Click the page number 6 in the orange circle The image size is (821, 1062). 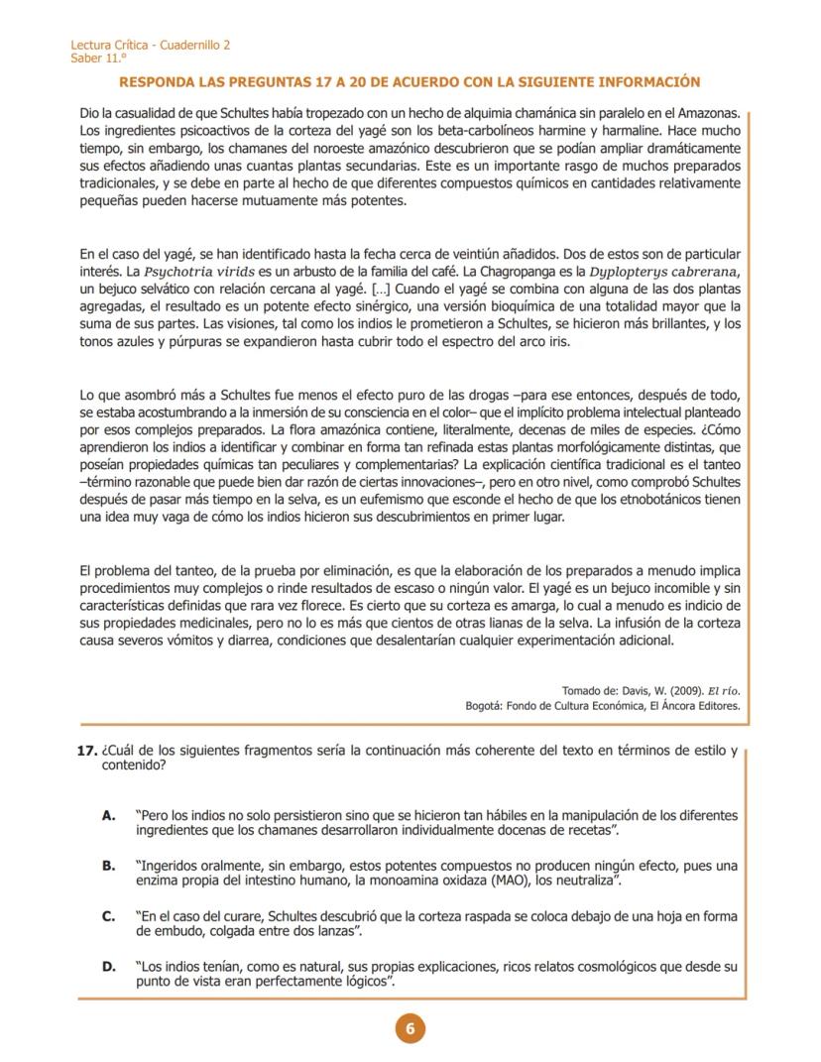click(x=410, y=1028)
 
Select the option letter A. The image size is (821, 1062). click(x=109, y=815)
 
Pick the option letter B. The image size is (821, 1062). click(x=109, y=866)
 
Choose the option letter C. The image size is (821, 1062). click(x=109, y=917)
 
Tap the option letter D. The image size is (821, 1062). click(x=109, y=967)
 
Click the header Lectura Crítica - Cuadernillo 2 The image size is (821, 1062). click(x=151, y=46)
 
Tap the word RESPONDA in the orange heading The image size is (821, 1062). click(x=156, y=82)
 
